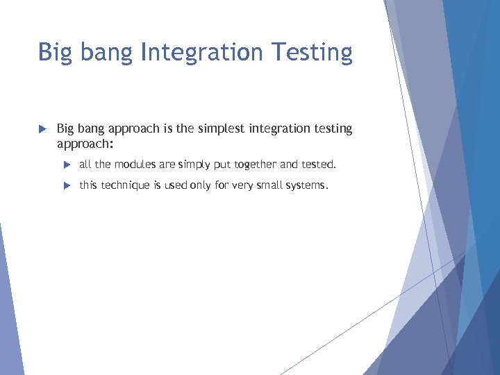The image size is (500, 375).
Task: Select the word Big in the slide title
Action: click(54, 53)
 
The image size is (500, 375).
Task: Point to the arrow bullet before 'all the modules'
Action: click(67, 165)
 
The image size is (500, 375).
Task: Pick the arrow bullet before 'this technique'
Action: click(67, 185)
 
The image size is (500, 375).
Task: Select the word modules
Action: click(135, 165)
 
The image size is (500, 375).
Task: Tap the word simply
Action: click(193, 165)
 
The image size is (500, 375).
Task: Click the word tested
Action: click(319, 165)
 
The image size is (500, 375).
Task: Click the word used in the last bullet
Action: click(176, 185)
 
